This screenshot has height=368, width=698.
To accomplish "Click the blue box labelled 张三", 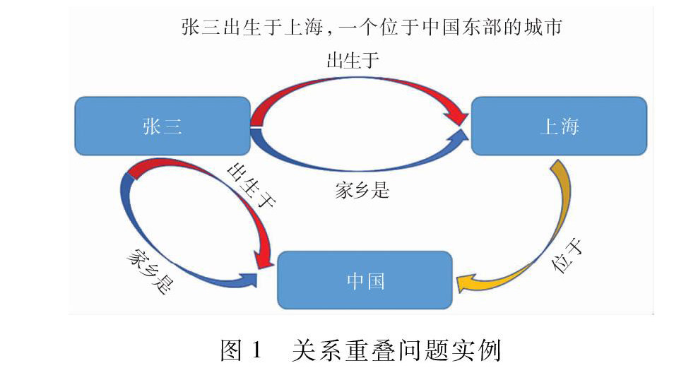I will (162, 126).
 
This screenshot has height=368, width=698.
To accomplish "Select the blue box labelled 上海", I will (559, 126).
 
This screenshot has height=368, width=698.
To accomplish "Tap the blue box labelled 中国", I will (365, 280).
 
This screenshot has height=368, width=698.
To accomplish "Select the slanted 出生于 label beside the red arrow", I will (251, 186).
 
